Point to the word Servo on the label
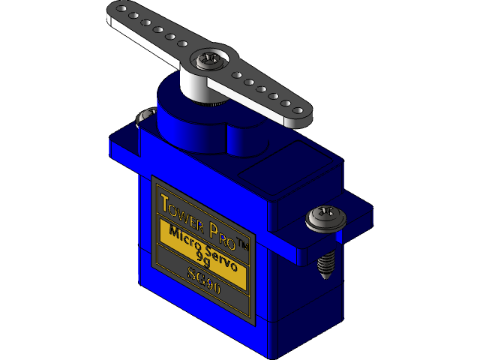pyautogui.click(x=220, y=256)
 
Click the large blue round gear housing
pyautogui.click(x=180, y=120)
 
